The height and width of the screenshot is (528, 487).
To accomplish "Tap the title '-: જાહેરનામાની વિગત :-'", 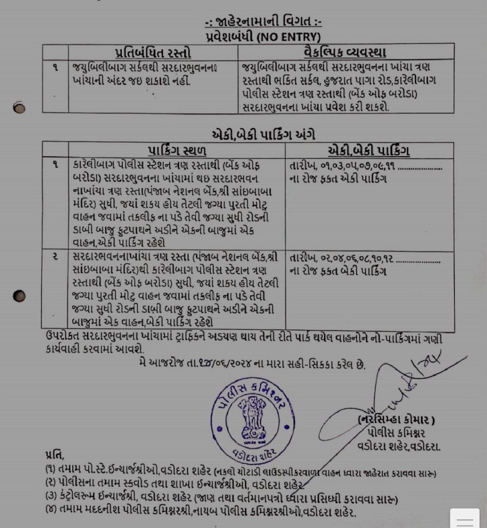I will [263, 22].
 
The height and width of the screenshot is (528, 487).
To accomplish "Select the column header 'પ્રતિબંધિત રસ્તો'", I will [153, 53].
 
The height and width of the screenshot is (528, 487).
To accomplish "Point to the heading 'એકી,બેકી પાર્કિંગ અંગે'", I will [264, 135].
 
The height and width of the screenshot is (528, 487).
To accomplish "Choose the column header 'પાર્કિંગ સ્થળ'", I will [177, 151].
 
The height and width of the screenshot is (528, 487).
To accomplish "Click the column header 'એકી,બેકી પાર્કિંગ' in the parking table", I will [369, 151].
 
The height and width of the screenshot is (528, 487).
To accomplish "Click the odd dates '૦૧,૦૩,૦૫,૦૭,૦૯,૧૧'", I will [356, 167].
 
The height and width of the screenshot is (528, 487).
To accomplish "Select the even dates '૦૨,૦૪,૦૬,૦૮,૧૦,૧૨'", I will [358, 258].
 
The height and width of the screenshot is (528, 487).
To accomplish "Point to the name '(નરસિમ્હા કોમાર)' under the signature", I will [397, 421].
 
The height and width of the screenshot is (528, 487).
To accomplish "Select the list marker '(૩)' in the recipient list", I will [51, 499].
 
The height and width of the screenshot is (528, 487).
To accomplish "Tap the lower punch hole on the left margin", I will [20, 296].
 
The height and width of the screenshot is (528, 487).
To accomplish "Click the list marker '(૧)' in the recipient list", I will [51, 471].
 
